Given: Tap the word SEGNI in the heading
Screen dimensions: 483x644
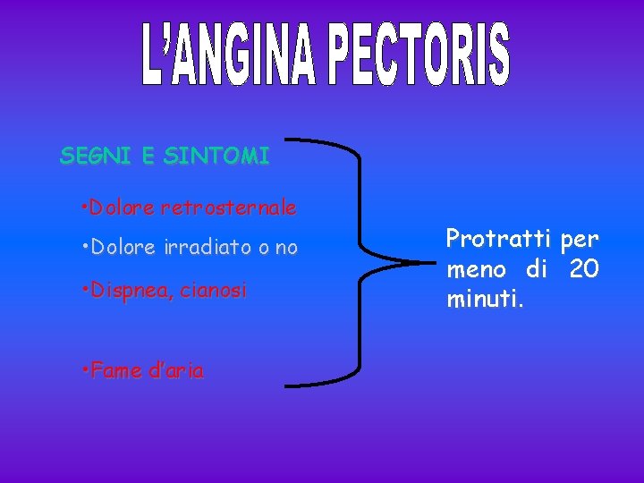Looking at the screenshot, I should point(94,157).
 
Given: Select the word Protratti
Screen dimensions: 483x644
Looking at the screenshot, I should point(499,239).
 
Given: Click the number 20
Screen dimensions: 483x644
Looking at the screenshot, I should point(584,268).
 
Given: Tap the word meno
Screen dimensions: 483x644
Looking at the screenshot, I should point(476,268).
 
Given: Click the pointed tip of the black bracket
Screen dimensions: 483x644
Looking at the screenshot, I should point(436,263).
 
